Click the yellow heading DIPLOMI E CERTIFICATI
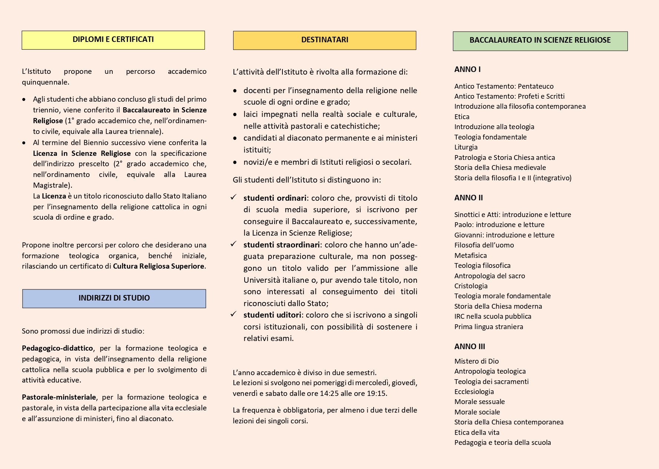pyautogui.click(x=113, y=40)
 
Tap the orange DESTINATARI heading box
pyautogui.click(x=324, y=40)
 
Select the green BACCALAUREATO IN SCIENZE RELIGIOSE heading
pyautogui.click(x=540, y=40)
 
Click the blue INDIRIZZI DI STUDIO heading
pyautogui.click(x=114, y=298)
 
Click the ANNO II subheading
pyautogui.click(x=468, y=198)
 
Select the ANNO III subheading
pyautogui.click(x=470, y=347)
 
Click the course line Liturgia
pyautogui.click(x=466, y=147)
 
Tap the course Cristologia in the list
pyautogui.click(x=471, y=286)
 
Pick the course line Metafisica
pyautogui.click(x=470, y=256)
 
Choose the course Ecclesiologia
pyautogui.click(x=474, y=392)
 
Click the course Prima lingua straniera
pyautogui.click(x=489, y=327)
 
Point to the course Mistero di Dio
pyautogui.click(x=476, y=361)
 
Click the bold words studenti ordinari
pyautogui.click(x=275, y=198)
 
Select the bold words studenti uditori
pyautogui.click(x=272, y=315)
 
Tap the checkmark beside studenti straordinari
pyautogui.click(x=234, y=244)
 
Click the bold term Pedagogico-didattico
pyautogui.click(x=57, y=348)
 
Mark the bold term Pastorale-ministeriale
pyautogui.click(x=59, y=397)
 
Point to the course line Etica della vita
pyautogui.click(x=477, y=433)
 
